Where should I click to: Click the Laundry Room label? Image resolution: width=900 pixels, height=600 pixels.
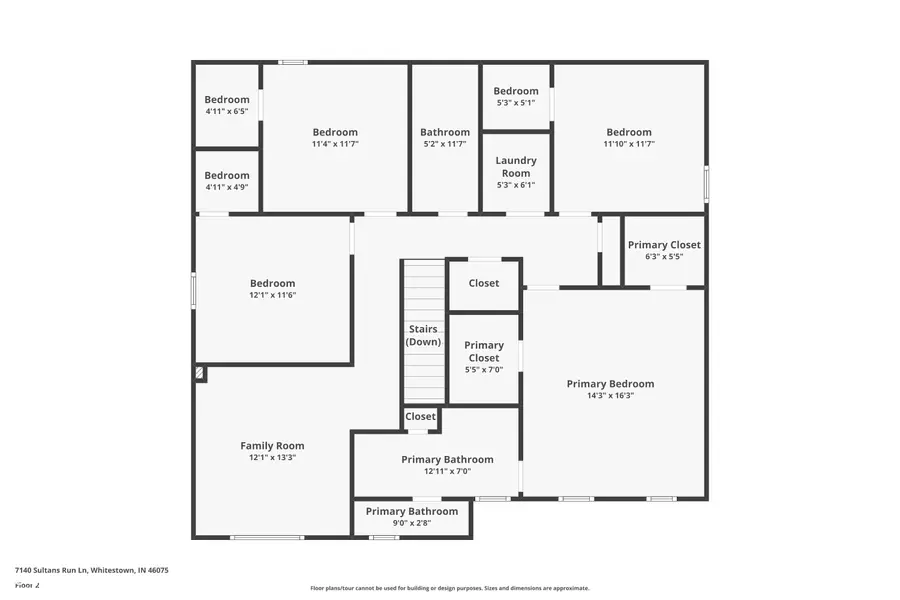[x=516, y=166]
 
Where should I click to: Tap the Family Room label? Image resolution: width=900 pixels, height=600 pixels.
[x=272, y=446]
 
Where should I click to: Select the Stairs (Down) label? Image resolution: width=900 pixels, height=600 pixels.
[x=423, y=335]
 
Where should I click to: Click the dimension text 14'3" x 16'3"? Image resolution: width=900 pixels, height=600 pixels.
[x=610, y=396]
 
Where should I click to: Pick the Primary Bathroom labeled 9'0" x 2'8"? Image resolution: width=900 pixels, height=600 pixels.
[x=411, y=511]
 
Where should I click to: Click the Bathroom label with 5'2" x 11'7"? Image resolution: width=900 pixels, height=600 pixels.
[x=445, y=132]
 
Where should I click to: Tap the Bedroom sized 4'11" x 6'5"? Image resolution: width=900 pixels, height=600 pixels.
[x=227, y=99]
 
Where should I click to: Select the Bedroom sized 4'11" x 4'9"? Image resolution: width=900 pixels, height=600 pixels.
[x=227, y=175]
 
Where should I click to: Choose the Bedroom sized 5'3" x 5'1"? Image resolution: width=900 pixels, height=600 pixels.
[x=516, y=91]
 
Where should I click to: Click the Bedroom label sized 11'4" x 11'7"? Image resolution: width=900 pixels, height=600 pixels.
[x=335, y=132]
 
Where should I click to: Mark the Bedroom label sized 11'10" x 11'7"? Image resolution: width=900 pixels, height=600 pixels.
[x=629, y=132]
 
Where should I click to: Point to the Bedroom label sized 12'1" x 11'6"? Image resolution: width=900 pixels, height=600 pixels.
[x=273, y=283]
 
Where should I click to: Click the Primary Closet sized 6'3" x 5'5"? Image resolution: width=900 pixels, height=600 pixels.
[x=664, y=245]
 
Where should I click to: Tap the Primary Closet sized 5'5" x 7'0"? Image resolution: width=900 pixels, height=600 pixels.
[x=484, y=351]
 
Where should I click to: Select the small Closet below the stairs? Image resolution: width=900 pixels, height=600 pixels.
[x=420, y=416]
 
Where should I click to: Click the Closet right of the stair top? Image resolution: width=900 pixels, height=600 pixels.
[x=484, y=283]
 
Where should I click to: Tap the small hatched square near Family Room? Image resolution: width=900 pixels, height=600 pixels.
[x=200, y=373]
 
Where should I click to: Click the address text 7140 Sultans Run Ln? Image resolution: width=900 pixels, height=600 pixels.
[x=91, y=570]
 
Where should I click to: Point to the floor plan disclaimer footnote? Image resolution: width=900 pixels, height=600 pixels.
[x=449, y=588]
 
